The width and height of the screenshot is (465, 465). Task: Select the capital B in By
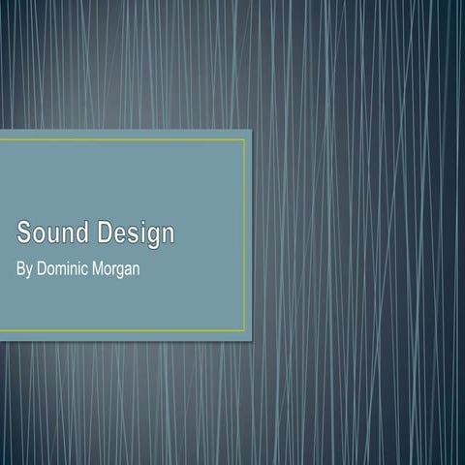(x=21, y=266)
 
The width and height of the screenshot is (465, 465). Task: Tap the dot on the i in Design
(x=139, y=224)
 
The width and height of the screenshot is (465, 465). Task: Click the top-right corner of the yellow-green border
(x=245, y=139)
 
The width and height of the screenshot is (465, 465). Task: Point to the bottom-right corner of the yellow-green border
(x=245, y=330)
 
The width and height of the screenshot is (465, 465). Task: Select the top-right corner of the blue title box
(x=252, y=130)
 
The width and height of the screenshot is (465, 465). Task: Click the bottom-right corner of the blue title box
(x=252, y=339)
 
